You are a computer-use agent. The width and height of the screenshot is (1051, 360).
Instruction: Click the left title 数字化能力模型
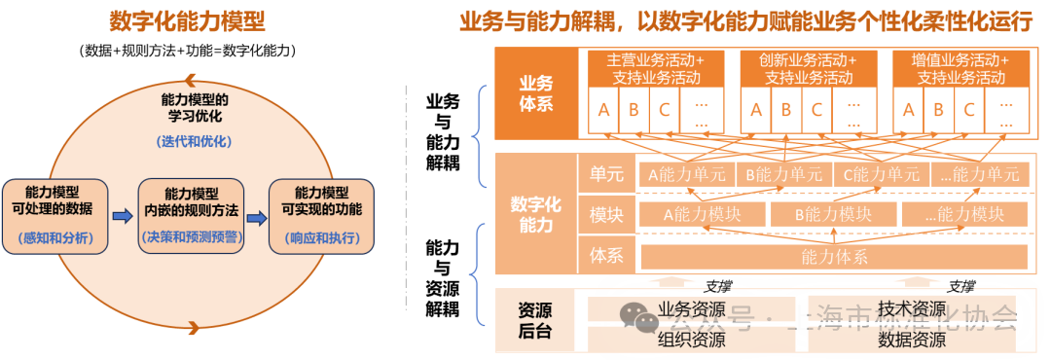tap(187, 22)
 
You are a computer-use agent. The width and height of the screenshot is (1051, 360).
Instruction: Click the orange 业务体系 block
tap(535, 93)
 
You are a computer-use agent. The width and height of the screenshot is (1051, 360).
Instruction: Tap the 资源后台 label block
tap(535, 321)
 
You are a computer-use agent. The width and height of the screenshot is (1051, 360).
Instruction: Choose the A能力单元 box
tap(686, 175)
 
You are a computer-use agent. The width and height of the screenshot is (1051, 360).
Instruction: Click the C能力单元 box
tap(882, 175)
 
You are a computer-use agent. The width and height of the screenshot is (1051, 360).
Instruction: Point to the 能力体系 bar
tap(834, 257)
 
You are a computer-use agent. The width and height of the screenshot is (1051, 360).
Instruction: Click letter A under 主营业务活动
tap(603, 110)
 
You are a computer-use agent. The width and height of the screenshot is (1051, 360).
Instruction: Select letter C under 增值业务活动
tap(968, 110)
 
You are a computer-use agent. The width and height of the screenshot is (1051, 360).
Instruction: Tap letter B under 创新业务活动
tap(785, 110)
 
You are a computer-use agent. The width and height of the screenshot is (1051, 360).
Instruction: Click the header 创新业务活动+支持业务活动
tap(808, 68)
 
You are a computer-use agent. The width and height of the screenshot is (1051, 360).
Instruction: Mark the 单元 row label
tap(605, 173)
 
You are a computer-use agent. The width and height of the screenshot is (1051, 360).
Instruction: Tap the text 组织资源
tap(691, 340)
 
